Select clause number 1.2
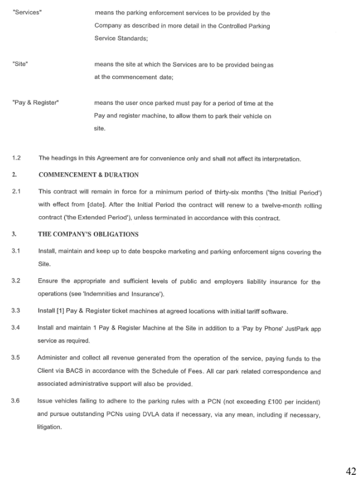tap(16, 158)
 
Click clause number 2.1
tap(16, 192)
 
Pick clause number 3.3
tap(16, 311)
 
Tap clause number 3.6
tap(16, 401)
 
